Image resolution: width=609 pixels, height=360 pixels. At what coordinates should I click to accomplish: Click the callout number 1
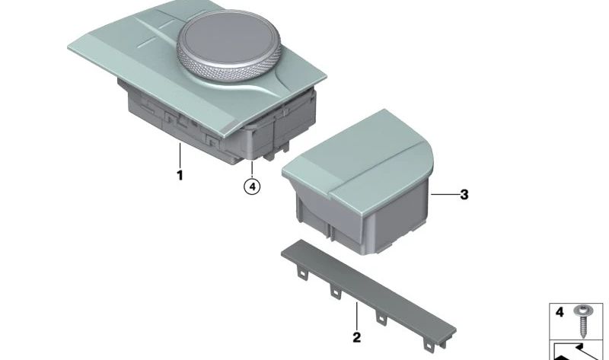tap(180, 176)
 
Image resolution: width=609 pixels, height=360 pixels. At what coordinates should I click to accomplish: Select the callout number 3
tap(464, 195)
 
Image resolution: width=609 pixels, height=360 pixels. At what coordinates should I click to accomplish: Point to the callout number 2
tap(356, 335)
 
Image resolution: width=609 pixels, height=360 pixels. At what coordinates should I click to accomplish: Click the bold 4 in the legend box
tap(560, 312)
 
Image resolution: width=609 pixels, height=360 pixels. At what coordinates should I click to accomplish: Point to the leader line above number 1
tap(180, 155)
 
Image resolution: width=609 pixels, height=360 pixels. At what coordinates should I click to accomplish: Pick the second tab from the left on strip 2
tap(334, 290)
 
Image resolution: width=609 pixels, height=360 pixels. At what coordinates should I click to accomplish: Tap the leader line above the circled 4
tap(252, 168)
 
